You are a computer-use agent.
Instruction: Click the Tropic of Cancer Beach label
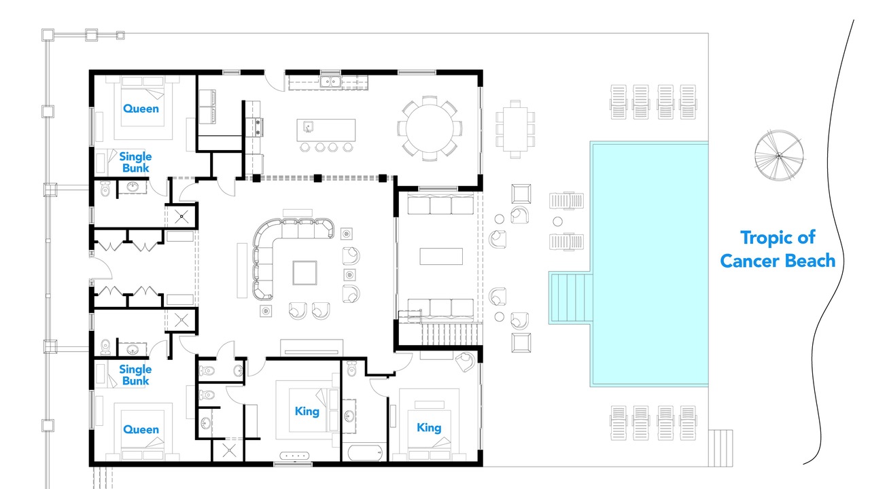point(778,249)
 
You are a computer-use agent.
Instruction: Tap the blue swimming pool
point(648,264)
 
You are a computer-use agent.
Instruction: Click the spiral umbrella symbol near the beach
point(779,156)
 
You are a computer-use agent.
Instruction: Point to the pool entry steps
point(571,297)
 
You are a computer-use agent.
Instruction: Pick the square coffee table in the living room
point(305,273)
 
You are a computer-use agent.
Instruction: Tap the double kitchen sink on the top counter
point(330,82)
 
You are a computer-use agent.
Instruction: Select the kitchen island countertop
point(326,130)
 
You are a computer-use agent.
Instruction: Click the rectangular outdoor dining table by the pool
point(515,129)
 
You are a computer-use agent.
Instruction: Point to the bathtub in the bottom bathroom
point(366,452)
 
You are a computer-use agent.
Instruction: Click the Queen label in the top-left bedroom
point(141,109)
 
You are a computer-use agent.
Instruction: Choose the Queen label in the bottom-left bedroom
point(141,429)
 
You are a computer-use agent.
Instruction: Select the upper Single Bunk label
point(135,162)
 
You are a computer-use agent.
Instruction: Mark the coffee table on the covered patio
point(441,257)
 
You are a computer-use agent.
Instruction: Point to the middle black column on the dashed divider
point(317,178)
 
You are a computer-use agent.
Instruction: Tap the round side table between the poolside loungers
point(558,221)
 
